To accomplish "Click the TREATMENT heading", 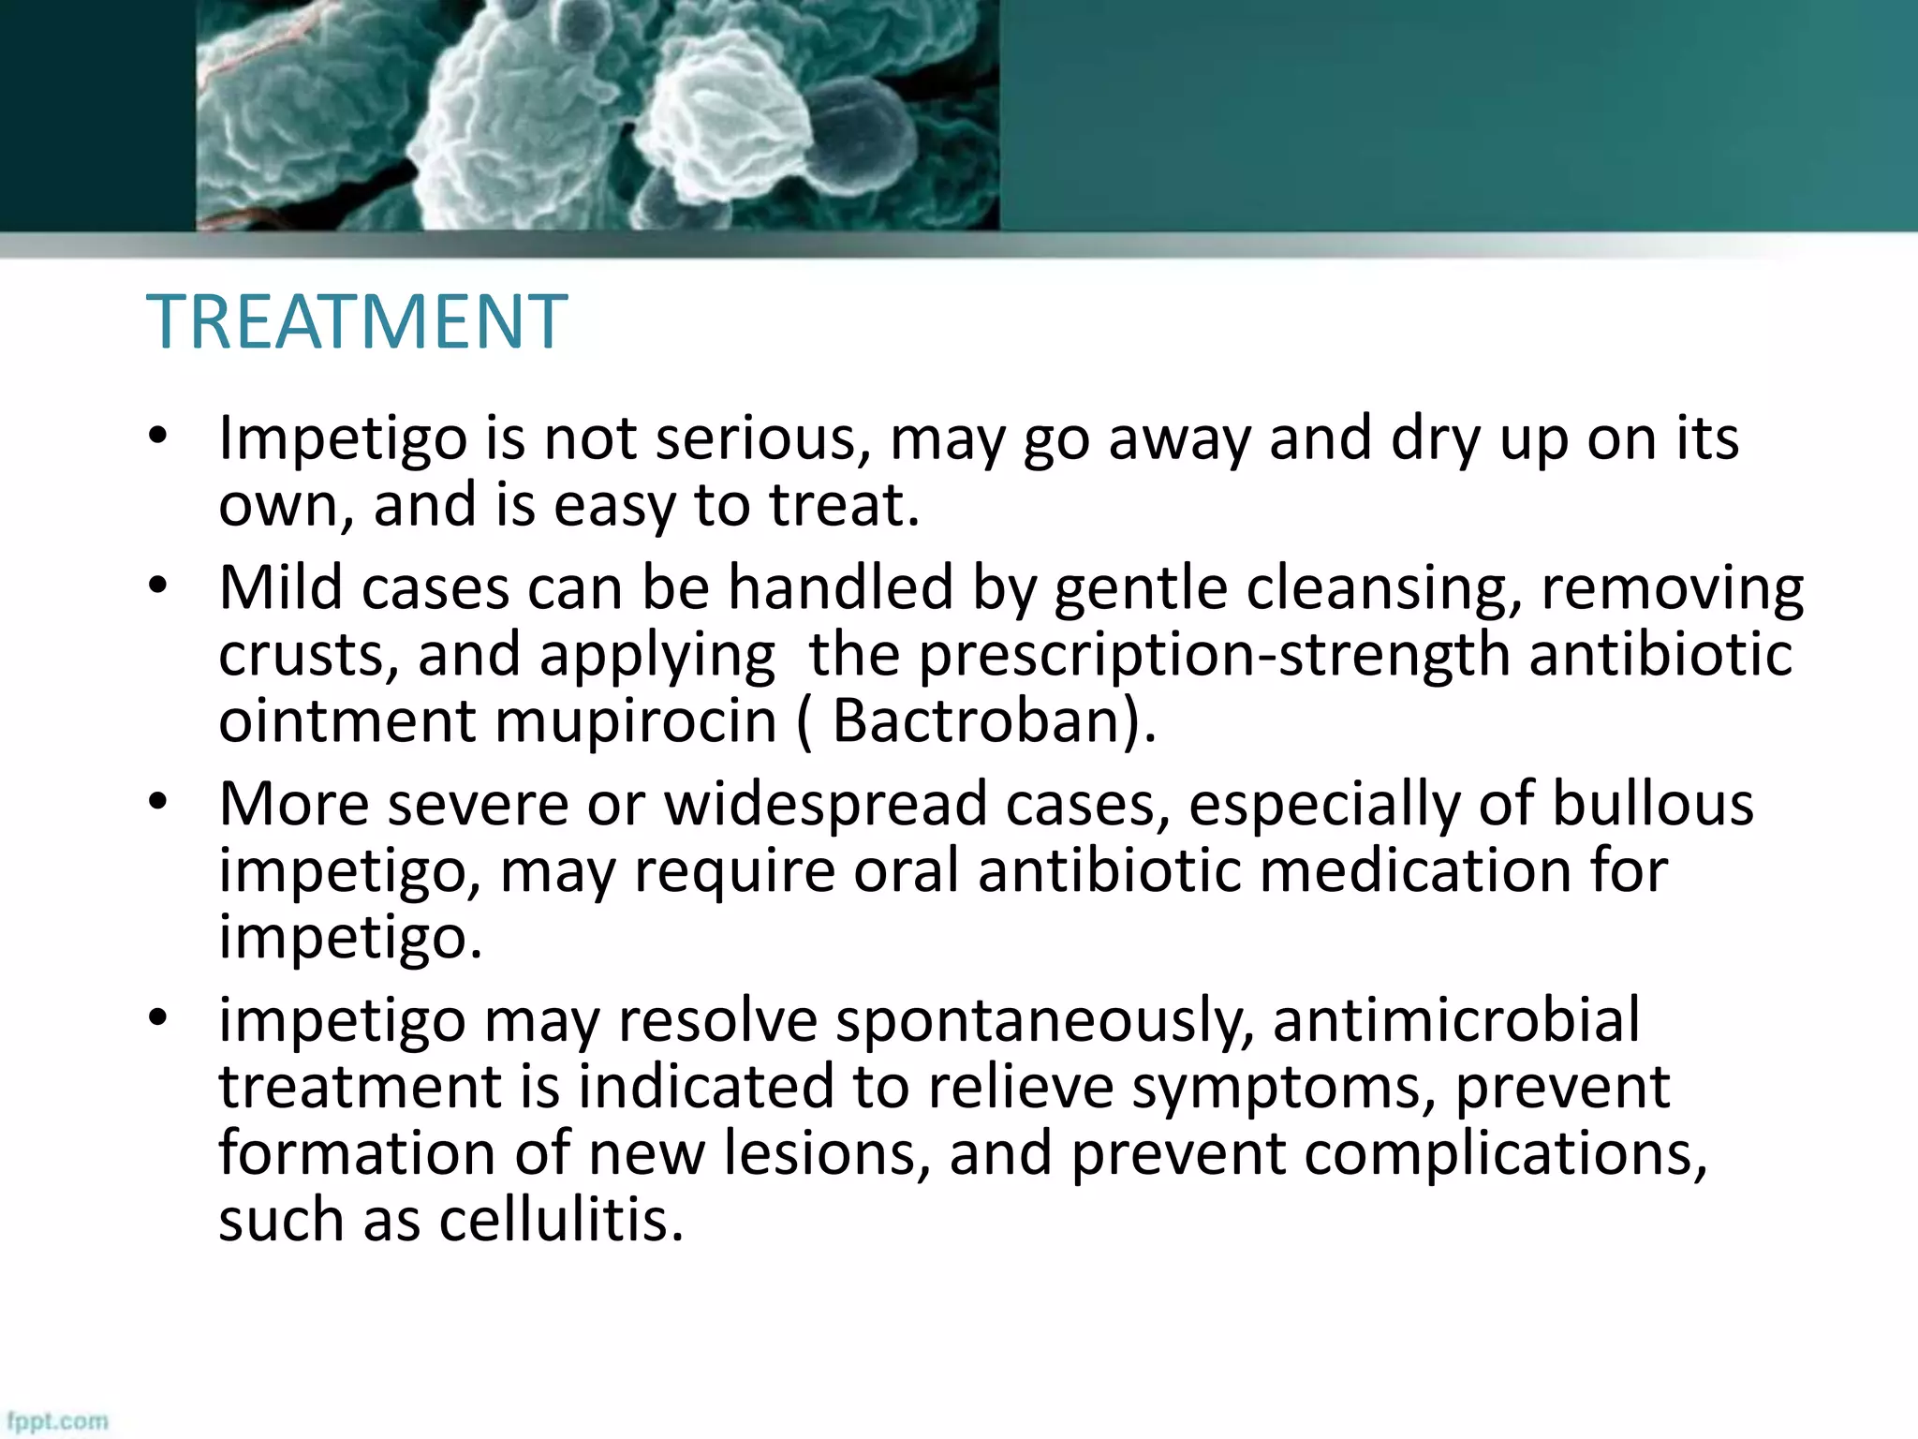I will (357, 321).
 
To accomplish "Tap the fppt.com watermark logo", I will (58, 1420).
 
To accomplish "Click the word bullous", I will (1652, 804).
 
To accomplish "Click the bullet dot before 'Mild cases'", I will (157, 586).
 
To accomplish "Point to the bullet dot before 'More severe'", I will (157, 802).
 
